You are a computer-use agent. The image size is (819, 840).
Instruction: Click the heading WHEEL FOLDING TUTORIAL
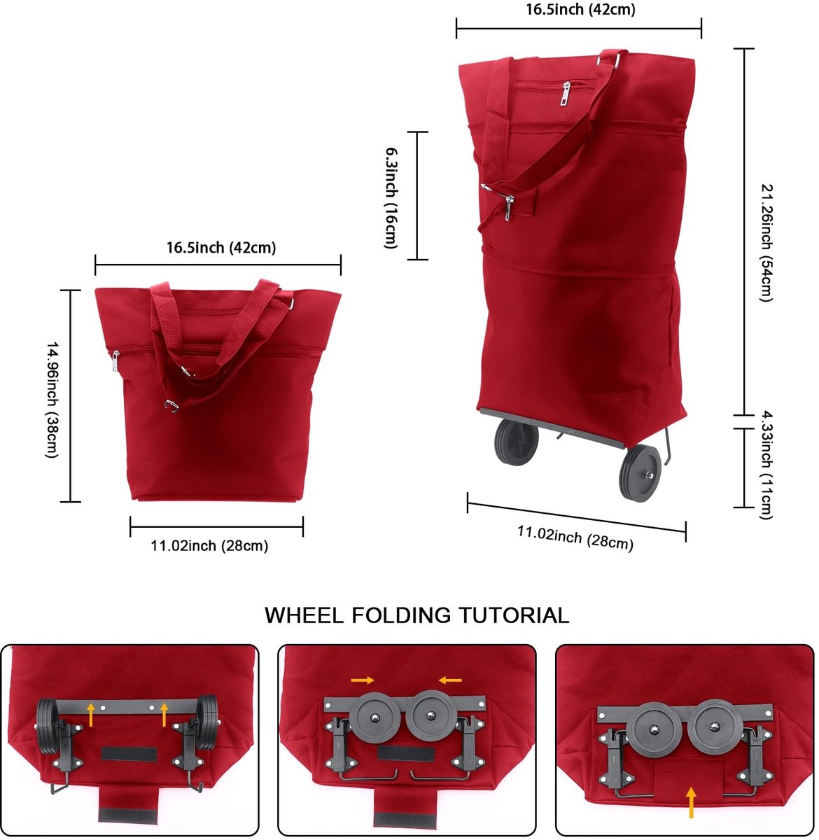[416, 615]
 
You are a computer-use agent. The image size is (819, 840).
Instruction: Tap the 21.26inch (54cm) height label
[766, 243]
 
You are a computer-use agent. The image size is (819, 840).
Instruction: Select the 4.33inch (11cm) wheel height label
[766, 465]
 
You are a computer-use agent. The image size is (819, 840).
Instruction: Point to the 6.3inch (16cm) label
[391, 198]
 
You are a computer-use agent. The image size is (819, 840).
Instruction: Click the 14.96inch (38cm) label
[52, 400]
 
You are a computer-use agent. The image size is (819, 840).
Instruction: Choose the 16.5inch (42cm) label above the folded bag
[221, 248]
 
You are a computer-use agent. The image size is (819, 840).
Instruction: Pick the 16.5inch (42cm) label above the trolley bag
[580, 10]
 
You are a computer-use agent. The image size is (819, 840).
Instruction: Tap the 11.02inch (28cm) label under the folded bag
[209, 545]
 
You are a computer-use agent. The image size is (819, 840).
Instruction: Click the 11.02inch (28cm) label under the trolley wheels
[575, 538]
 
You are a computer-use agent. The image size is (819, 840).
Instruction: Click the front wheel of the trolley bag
[640, 473]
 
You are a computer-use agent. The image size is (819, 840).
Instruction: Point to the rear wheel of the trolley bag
[517, 442]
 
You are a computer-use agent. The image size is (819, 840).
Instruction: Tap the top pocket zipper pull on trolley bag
[566, 94]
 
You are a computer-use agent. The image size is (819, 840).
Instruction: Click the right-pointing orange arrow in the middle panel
[362, 680]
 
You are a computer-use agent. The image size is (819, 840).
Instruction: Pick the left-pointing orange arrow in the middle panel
[450, 680]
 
